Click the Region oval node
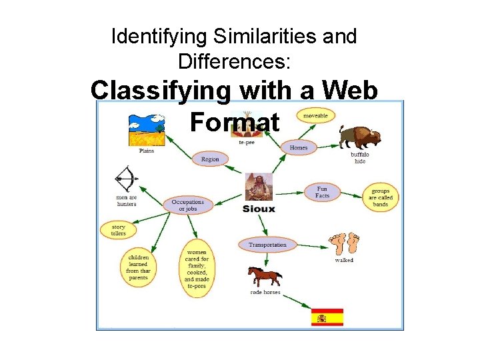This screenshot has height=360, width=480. point(210,159)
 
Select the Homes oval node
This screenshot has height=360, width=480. point(298,147)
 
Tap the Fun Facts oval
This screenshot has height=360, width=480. point(322,192)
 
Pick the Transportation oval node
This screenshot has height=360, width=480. point(267,245)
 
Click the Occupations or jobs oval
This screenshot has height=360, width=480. point(188,205)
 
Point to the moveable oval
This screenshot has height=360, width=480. point(315,115)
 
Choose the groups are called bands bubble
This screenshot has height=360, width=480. point(381,198)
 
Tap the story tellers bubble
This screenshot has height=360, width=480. point(118,230)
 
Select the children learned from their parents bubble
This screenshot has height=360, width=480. point(139,267)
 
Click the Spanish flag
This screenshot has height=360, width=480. point(327,317)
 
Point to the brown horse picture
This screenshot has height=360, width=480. point(265,276)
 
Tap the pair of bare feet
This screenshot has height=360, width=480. point(344,244)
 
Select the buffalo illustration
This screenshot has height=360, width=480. point(360,138)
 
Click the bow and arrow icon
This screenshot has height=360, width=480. point(126,179)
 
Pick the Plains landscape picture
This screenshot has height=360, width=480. point(147,129)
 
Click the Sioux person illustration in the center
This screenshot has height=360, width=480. point(258,187)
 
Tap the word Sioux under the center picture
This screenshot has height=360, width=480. point(259,209)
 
